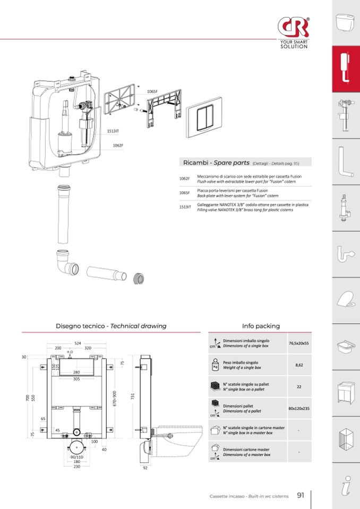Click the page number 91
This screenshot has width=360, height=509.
[x=301, y=495]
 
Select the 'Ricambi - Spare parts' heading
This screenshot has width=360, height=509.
[x=216, y=162]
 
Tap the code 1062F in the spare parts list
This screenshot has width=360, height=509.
[x=184, y=179]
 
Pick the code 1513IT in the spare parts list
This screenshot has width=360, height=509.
[x=185, y=207]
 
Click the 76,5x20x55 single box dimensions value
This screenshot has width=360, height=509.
[x=299, y=343]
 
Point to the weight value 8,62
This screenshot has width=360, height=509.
[x=299, y=365]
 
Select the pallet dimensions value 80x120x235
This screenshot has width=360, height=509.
[x=299, y=409]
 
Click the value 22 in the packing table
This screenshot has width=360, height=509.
[x=299, y=387]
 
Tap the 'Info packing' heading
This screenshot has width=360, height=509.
[x=261, y=326]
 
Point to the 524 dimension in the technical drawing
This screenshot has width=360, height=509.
[x=78, y=343]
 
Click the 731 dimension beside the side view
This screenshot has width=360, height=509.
[x=133, y=396]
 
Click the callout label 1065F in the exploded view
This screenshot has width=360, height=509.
[x=152, y=92]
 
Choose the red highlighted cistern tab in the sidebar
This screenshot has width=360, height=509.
[x=346, y=69]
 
